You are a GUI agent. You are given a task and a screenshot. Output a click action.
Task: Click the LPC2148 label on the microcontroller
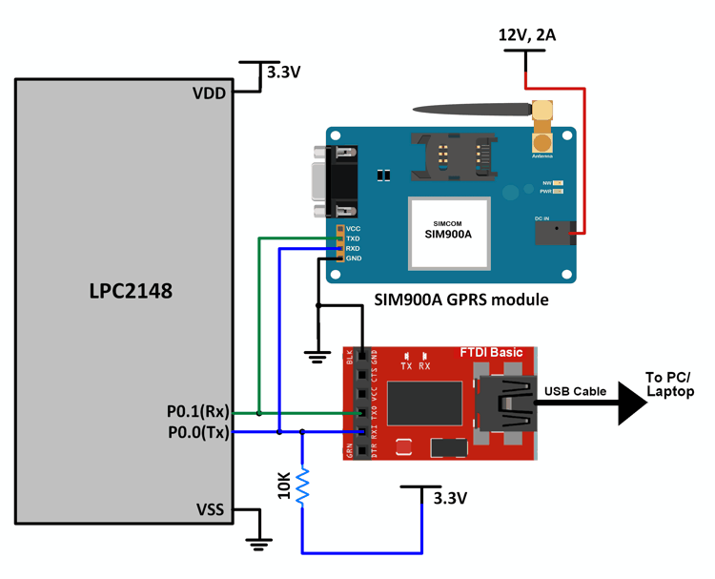[125, 290]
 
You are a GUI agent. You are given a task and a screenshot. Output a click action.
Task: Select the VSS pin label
[209, 509]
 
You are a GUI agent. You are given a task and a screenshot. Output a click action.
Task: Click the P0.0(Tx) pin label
[196, 432]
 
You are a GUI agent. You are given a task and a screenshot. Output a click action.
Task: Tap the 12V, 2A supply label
[527, 35]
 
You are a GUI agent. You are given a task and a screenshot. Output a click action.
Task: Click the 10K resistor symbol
[303, 485]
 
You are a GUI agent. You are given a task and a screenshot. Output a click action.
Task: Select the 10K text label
[282, 485]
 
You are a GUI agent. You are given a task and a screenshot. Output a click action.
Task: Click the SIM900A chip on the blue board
[449, 232]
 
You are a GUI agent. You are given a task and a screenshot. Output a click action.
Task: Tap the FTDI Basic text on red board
[491, 353]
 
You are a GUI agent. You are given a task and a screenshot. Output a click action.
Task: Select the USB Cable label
[575, 391]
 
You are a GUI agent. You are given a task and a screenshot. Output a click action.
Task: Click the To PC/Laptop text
[670, 384]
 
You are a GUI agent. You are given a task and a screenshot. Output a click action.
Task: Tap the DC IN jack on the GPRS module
[556, 232]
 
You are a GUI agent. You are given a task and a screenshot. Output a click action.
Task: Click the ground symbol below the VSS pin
[257, 544]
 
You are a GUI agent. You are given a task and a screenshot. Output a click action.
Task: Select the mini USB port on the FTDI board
[506, 402]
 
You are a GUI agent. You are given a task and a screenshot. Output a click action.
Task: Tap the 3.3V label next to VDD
[284, 72]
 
